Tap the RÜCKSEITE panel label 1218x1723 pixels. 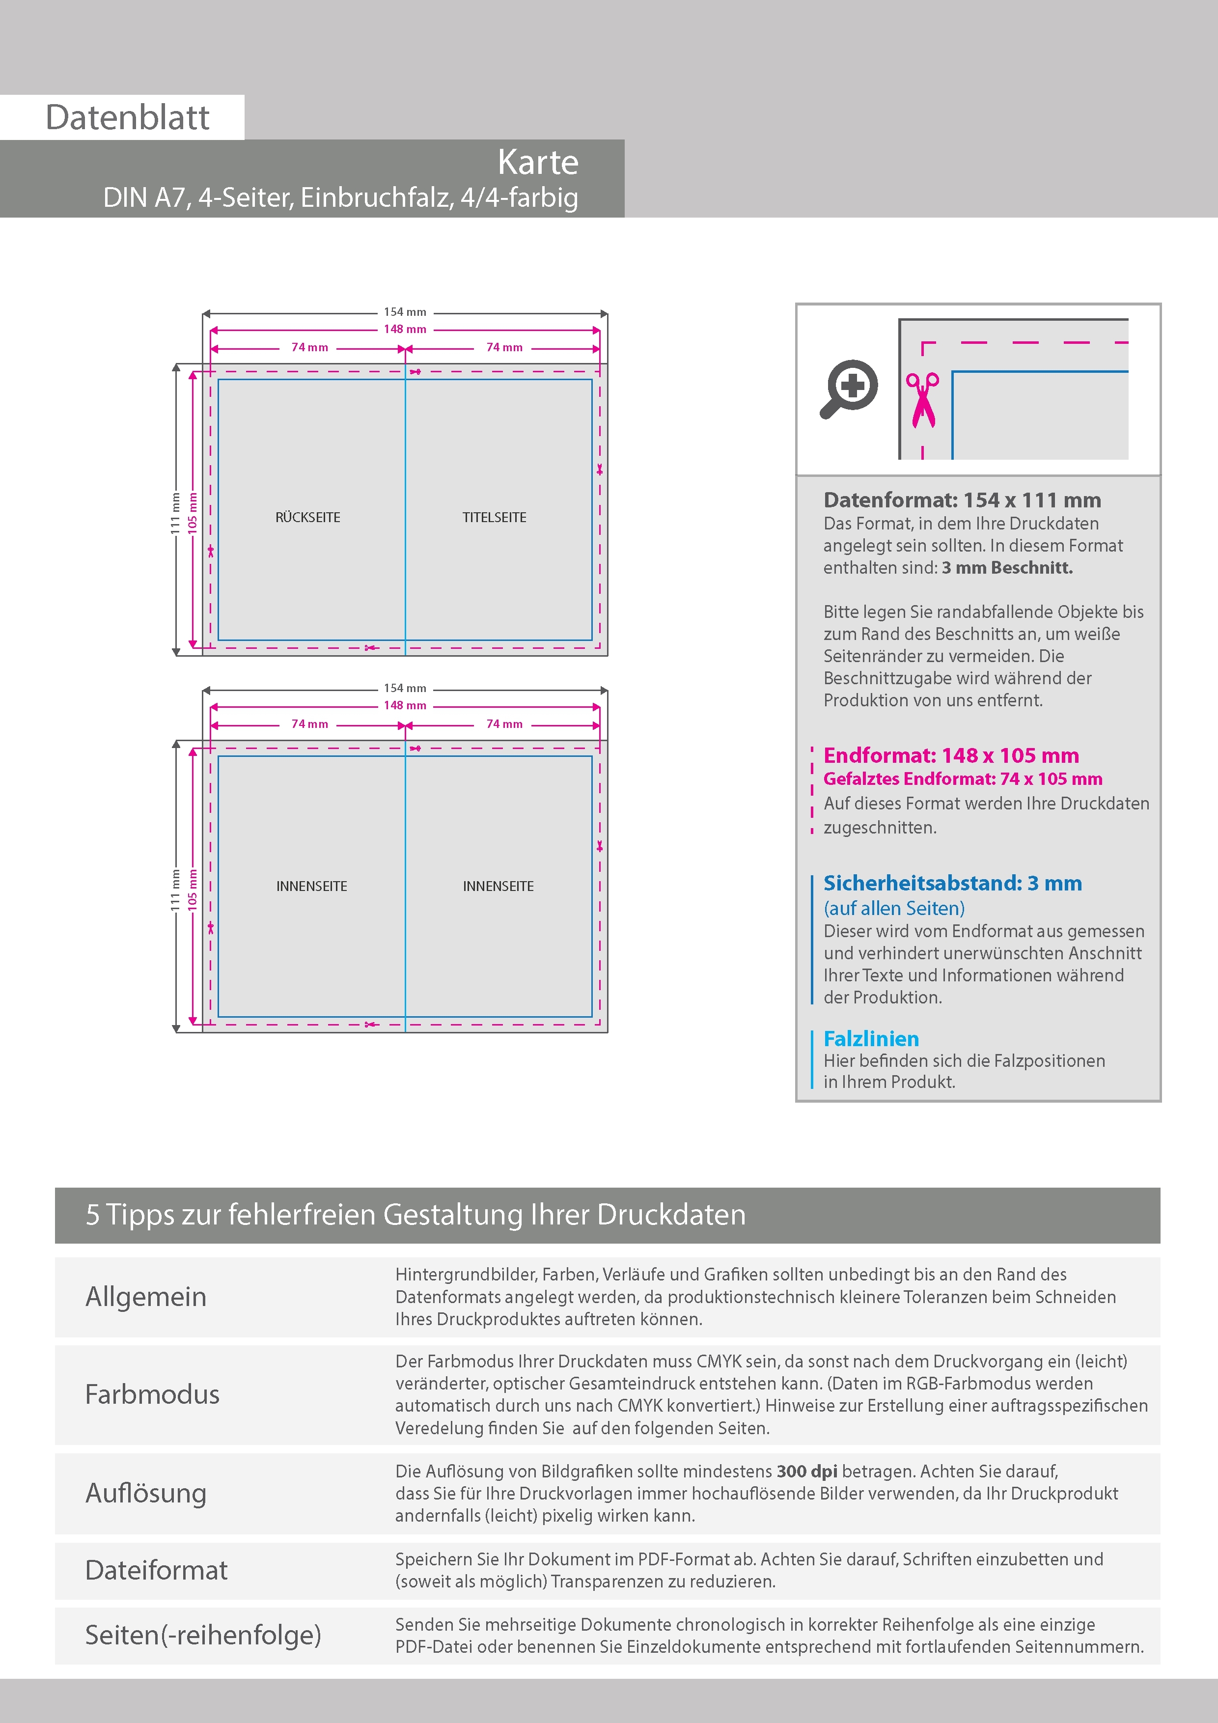[307, 517]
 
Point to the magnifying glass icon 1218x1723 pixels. [849, 389]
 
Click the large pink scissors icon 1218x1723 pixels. [922, 400]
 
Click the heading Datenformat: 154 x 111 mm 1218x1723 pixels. [962, 500]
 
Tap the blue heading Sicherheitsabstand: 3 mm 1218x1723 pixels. [952, 883]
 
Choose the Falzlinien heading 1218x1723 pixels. [871, 1039]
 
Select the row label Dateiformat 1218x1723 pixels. [156, 1570]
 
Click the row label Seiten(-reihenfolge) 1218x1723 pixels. [203, 1635]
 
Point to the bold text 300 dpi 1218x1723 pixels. [807, 1471]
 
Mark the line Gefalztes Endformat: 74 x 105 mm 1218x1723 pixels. [962, 779]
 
